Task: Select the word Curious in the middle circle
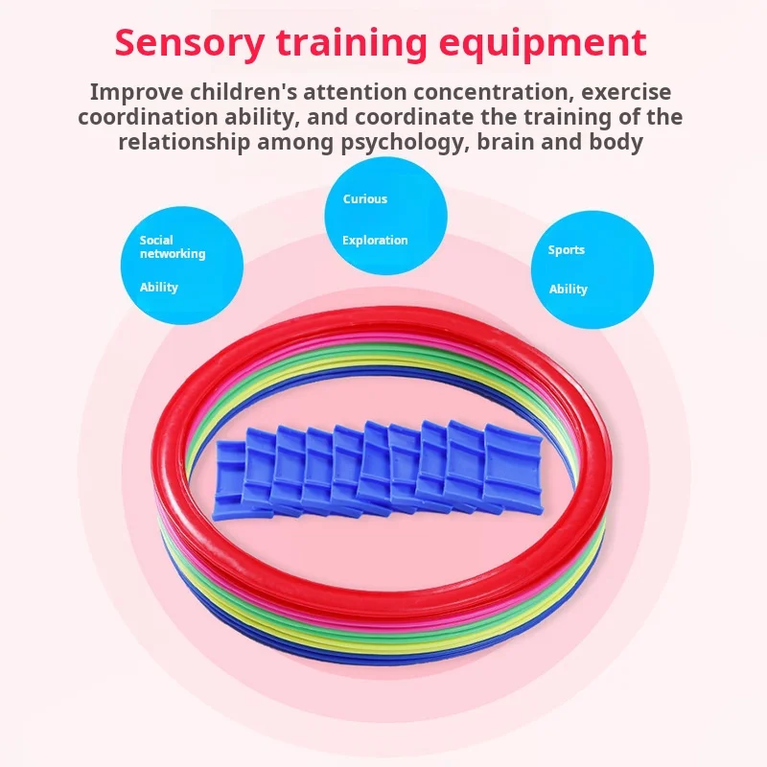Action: pyautogui.click(x=365, y=199)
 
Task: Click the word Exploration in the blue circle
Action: pyautogui.click(x=375, y=241)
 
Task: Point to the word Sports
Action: pyautogui.click(x=566, y=250)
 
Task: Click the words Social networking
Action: pyautogui.click(x=173, y=247)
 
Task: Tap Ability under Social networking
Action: pyautogui.click(x=159, y=288)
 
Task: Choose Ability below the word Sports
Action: pyautogui.click(x=569, y=290)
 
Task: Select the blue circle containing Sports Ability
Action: pyautogui.click(x=593, y=268)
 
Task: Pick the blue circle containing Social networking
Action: pyautogui.click(x=181, y=265)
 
